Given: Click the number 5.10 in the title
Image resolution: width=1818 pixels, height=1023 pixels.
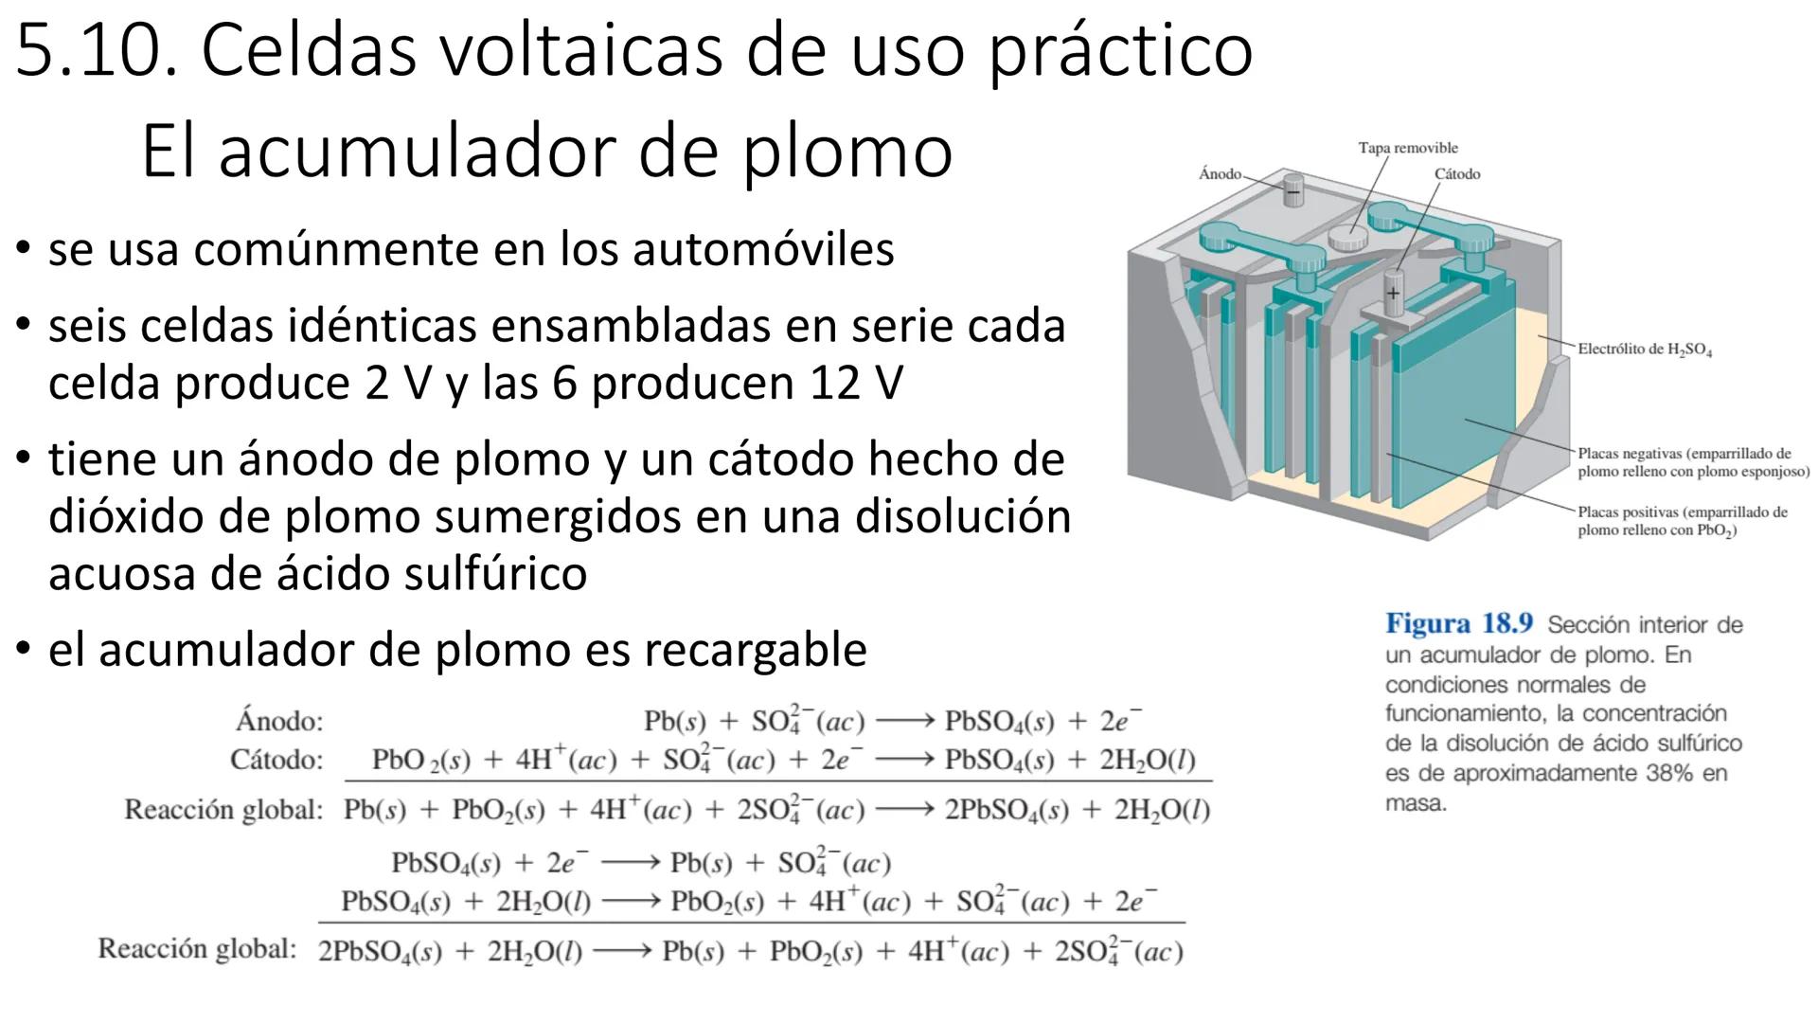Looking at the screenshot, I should [x=96, y=51].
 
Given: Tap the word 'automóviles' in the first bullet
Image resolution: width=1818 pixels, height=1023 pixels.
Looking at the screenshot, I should [x=763, y=250].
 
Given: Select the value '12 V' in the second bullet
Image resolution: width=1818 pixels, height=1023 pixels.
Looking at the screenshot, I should [x=856, y=384].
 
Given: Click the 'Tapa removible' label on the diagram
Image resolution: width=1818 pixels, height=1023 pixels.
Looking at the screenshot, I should [x=1408, y=148].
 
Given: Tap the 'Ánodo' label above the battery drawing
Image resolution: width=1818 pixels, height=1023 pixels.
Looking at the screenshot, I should [x=1220, y=173].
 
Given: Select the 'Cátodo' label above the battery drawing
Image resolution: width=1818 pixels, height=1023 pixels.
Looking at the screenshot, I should [x=1457, y=174].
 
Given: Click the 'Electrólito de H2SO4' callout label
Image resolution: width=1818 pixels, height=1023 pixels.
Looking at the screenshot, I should [x=1645, y=350].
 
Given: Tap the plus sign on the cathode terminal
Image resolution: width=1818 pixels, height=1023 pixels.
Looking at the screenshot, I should [x=1393, y=293].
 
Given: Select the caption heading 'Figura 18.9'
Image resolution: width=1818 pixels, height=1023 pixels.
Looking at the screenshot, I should [x=1459, y=624].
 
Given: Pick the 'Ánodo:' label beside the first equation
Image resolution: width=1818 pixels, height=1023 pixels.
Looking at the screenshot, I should [x=279, y=722].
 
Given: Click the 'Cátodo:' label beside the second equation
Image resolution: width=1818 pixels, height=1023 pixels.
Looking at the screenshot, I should [x=276, y=760].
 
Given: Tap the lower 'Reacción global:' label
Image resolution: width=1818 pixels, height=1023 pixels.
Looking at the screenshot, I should [x=197, y=949].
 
